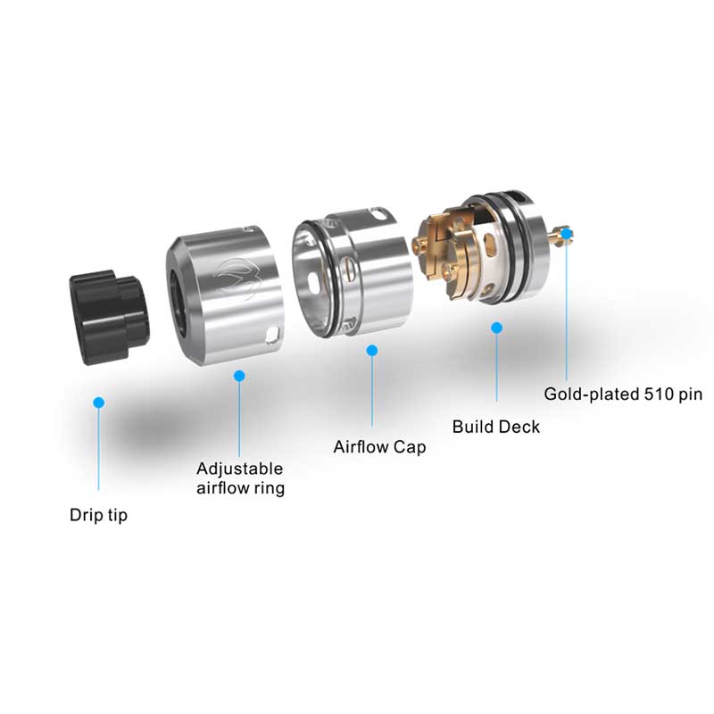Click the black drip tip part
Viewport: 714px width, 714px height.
(x=109, y=308)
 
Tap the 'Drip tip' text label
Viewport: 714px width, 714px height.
(x=98, y=516)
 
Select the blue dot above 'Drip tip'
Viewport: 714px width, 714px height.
(x=99, y=403)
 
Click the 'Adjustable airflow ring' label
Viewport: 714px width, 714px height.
(x=240, y=478)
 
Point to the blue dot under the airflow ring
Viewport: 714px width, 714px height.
(x=239, y=376)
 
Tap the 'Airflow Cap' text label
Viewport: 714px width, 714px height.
(x=379, y=446)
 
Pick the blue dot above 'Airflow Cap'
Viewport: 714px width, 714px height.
(x=372, y=351)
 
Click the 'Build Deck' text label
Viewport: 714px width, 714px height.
(x=495, y=427)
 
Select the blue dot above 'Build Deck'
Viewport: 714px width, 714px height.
(x=497, y=328)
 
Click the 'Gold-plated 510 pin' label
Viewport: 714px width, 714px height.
(x=624, y=393)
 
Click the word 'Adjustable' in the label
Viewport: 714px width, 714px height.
(x=239, y=469)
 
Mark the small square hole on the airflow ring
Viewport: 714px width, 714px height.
(x=271, y=336)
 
